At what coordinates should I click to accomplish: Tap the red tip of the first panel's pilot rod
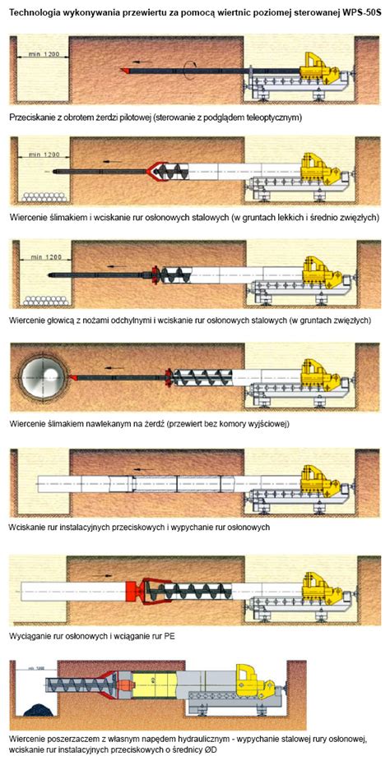[125, 71]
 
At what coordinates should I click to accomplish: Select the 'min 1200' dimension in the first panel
[43, 53]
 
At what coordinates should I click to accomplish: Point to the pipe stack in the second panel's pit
[44, 196]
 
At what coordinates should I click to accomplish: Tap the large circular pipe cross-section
[42, 377]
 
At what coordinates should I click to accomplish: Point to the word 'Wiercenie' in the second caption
[27, 217]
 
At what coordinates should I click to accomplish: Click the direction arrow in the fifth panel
[144, 468]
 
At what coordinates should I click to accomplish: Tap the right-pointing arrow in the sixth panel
[103, 575]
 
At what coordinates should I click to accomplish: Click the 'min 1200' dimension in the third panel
[43, 257]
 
